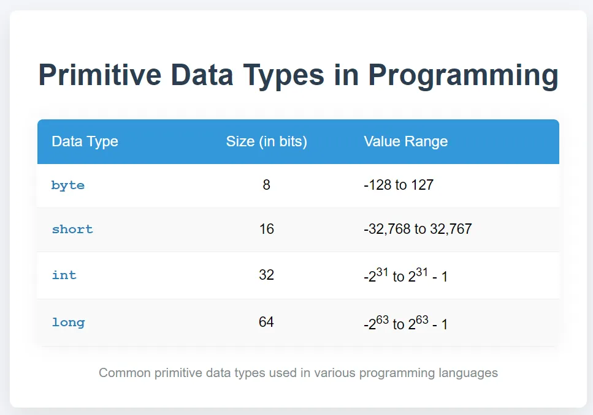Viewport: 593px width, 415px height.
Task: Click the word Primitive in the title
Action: coord(100,75)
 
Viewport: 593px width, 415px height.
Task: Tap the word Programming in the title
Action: coord(463,77)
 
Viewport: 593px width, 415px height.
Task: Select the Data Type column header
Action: coord(85,141)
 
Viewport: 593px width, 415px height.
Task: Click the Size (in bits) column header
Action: coord(267,141)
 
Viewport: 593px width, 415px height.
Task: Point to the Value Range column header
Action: coord(406,141)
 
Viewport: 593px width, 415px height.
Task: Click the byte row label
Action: coord(68,185)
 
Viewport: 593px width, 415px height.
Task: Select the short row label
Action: coord(72,229)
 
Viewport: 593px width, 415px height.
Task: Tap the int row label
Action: coord(64,275)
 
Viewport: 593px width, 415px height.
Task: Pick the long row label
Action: coord(69,322)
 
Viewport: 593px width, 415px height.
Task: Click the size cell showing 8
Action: coord(267,185)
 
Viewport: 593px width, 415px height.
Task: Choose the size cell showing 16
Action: coord(267,229)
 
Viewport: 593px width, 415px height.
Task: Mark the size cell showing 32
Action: coord(267,275)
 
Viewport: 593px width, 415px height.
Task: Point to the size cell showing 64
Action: coord(267,322)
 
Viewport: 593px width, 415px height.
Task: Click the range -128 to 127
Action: coord(399,185)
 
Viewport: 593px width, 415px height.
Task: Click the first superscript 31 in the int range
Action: coord(382,272)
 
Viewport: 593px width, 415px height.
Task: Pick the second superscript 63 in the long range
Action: coord(422,320)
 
